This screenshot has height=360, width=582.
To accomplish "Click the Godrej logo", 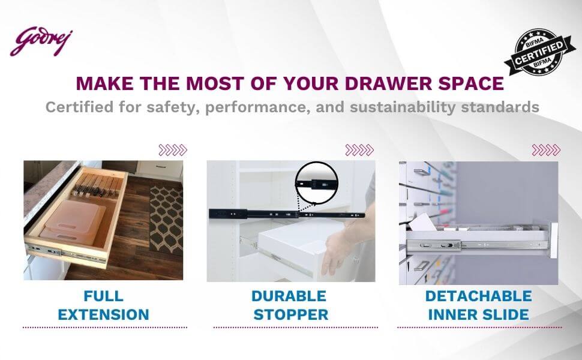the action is (x=41, y=41).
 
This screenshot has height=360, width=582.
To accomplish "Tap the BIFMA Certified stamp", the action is (x=539, y=52).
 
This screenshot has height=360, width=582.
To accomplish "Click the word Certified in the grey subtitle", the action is (x=79, y=107).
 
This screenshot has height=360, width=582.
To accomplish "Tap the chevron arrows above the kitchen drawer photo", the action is (x=173, y=150).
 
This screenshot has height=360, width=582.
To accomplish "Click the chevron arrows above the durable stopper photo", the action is (x=359, y=150).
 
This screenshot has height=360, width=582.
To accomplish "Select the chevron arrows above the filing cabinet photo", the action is (x=546, y=150).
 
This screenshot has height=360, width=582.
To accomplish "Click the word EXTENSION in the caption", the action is (x=104, y=314).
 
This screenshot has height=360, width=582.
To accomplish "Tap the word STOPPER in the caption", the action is (x=290, y=314).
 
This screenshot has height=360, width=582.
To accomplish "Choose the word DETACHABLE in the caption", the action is (x=478, y=296).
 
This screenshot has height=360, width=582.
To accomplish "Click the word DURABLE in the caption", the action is (x=289, y=296).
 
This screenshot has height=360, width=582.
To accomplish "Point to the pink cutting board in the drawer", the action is (x=73, y=223).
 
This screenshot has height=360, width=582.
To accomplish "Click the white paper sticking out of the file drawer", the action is (x=423, y=223).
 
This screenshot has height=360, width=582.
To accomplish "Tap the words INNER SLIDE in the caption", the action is (x=478, y=314).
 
